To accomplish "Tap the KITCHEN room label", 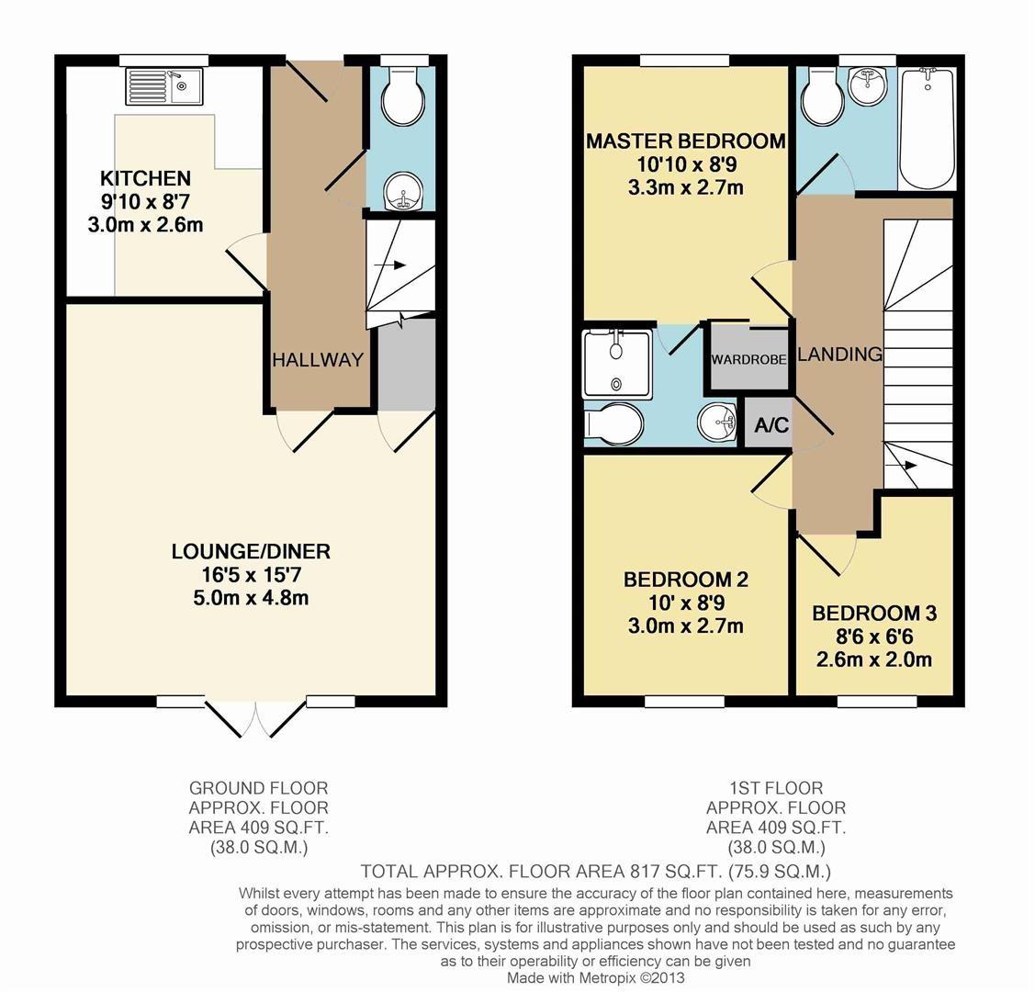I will (145, 178).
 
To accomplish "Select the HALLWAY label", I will (318, 360).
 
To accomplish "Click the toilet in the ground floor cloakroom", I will (400, 101).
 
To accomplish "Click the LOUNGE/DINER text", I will (251, 551).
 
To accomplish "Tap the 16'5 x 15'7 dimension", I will (251, 575).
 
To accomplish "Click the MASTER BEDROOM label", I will (685, 141).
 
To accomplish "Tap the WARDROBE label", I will (748, 360).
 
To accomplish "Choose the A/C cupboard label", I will (771, 426).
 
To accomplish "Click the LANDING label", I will (839, 355).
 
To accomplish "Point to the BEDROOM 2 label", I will (685, 580).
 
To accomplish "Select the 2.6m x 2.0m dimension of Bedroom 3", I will (873, 659).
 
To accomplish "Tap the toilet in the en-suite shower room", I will (613, 425).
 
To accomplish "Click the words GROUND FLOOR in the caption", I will (258, 788).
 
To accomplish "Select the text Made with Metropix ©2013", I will (596, 978).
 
